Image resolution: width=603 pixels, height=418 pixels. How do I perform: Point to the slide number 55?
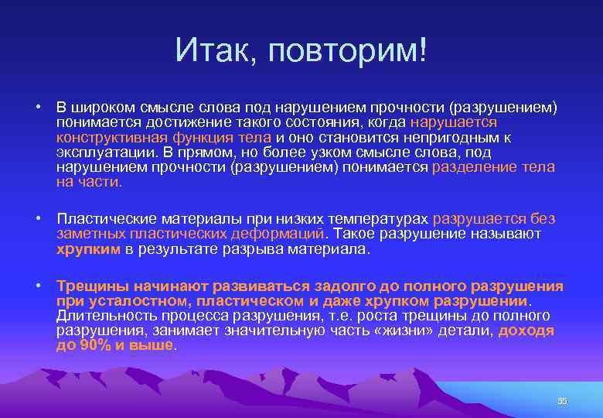click(562, 400)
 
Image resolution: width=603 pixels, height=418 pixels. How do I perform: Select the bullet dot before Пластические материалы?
click(37, 219)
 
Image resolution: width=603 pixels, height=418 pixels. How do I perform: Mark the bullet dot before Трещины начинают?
click(37, 286)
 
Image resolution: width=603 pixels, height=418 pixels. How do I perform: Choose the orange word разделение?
click(472, 167)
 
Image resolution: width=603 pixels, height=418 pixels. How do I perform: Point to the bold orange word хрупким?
click(88, 249)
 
